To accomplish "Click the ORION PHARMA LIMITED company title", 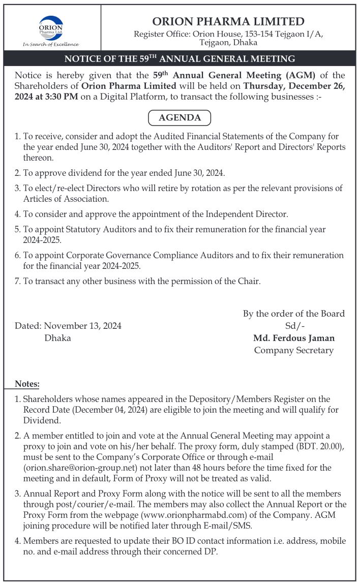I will coord(228,21).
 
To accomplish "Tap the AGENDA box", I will coord(179,118).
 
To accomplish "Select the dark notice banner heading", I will coord(180,58).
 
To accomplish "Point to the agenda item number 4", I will coord(18,214).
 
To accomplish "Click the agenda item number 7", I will coord(18,281).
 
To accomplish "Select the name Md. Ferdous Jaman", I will coord(294,338).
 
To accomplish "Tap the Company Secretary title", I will coord(294,350).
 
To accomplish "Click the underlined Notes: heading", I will coord(27,384).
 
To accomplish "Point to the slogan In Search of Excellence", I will coord(51,44).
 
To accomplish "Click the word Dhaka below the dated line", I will coord(58,338).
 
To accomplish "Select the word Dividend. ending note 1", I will coord(42,420).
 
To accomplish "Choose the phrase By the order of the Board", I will coord(294,314).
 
